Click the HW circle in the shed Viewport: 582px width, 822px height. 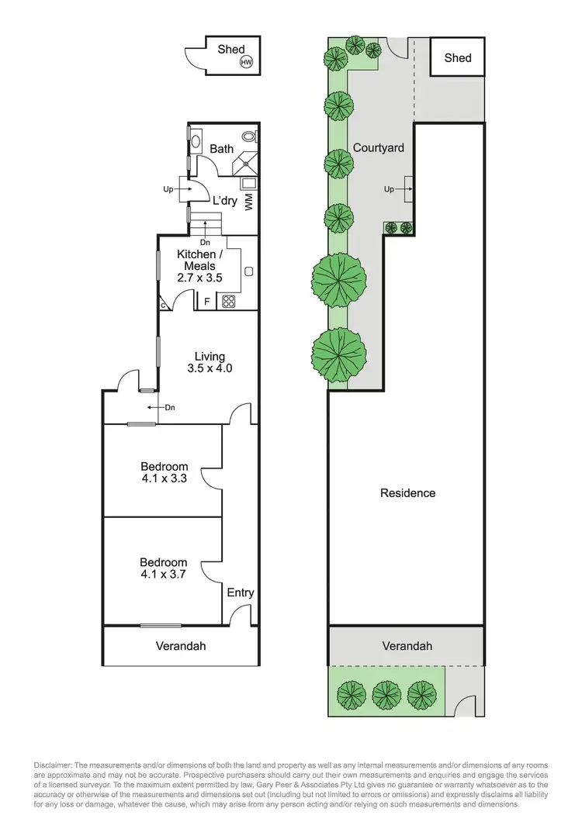[x=247, y=63]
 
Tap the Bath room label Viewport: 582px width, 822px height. [x=221, y=149]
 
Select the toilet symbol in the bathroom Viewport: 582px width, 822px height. [x=249, y=136]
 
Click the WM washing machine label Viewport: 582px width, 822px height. [x=249, y=203]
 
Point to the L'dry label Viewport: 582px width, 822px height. [x=225, y=201]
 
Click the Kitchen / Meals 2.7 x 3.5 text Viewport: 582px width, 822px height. [x=200, y=266]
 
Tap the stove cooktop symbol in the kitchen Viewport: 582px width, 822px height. [x=230, y=302]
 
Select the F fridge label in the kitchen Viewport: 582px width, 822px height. [x=207, y=302]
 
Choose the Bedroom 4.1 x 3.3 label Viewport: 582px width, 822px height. [x=164, y=472]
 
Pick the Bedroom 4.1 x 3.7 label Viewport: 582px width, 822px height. [x=164, y=568]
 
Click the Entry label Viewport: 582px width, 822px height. [x=241, y=592]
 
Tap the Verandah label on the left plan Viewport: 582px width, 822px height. [x=181, y=645]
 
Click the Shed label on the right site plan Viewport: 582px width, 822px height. [x=458, y=57]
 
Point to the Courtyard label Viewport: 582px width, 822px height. [x=378, y=147]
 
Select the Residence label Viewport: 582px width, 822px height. [x=407, y=492]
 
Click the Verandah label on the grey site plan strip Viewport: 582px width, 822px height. [x=407, y=645]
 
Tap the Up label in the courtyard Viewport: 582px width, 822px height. [x=389, y=189]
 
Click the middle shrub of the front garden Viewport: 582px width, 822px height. [x=386, y=692]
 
